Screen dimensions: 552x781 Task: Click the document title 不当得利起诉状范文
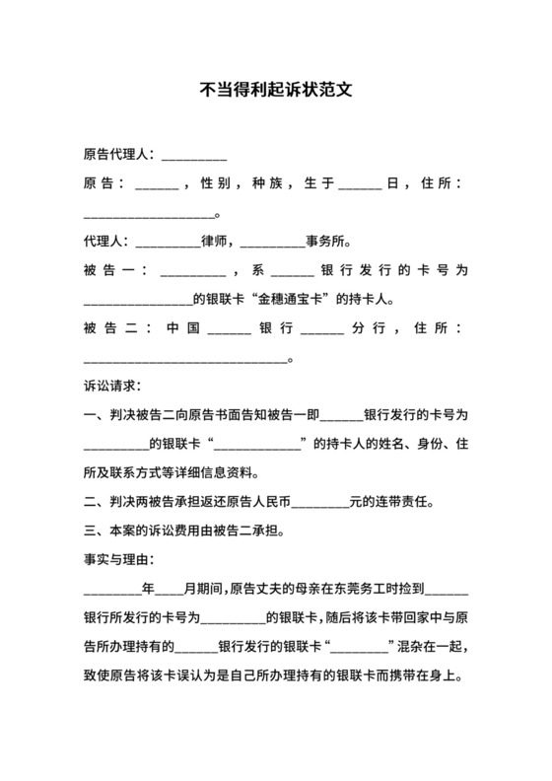click(275, 88)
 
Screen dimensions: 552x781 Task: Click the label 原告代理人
click(116, 155)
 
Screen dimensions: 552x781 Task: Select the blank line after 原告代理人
click(194, 157)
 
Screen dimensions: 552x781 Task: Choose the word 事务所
click(326, 241)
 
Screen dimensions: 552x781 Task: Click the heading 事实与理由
click(119, 560)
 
